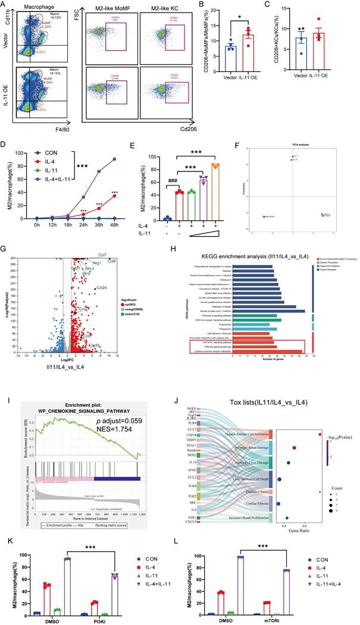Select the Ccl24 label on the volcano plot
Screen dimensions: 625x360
[102, 287]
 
